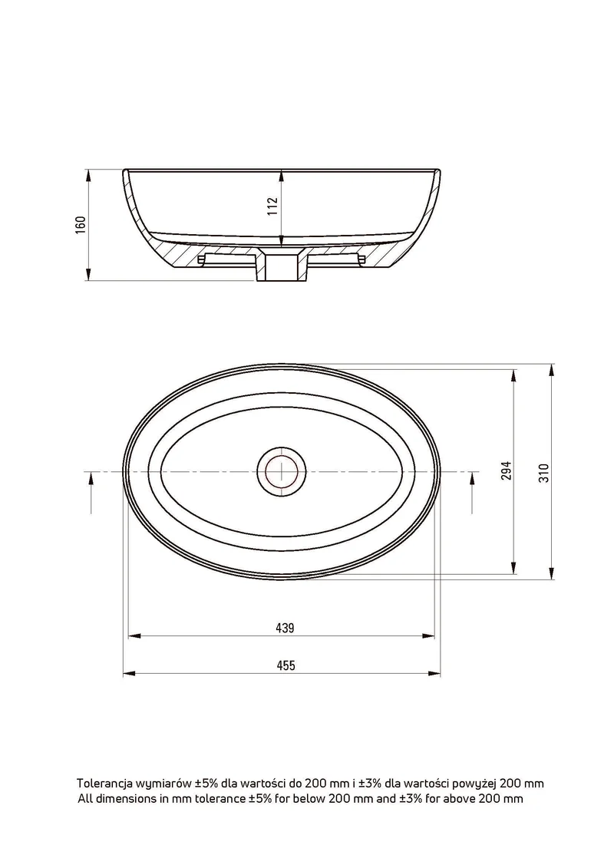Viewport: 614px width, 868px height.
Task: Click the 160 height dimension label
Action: (81, 225)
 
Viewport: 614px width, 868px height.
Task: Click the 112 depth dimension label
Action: (272, 206)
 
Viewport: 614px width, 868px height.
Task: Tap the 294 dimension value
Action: (506, 470)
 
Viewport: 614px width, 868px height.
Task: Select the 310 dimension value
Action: (544, 473)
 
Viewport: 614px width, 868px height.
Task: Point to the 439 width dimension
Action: (286, 628)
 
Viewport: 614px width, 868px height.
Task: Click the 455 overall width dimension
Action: (286, 665)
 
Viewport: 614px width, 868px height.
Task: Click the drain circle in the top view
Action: (282, 470)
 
